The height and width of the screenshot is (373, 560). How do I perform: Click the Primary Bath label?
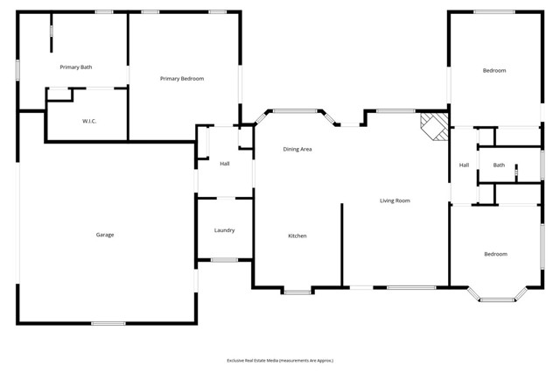tap(76, 67)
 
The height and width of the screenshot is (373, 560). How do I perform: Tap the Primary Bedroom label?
tap(182, 79)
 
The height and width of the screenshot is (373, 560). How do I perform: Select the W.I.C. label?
tap(89, 121)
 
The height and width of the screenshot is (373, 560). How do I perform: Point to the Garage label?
tap(105, 235)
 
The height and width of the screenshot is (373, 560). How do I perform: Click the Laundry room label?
tap(224, 230)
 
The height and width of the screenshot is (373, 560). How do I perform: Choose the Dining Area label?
tap(297, 149)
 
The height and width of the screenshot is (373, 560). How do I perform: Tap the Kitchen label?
tap(297, 236)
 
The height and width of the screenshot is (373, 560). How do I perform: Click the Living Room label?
tap(395, 201)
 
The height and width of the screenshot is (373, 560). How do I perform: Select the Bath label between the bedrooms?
tap(499, 165)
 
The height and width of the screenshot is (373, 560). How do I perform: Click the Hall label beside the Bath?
tap(464, 165)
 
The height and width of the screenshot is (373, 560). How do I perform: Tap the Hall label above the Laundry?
tap(225, 164)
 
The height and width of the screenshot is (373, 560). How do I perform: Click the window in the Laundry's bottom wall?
tap(224, 260)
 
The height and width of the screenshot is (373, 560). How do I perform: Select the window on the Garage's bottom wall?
tap(108, 323)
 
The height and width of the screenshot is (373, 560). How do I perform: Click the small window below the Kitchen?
tap(297, 292)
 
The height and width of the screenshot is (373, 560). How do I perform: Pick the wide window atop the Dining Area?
tap(295, 111)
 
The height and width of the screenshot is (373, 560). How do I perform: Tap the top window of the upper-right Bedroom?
tap(494, 11)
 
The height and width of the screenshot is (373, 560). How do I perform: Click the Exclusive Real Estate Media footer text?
tap(280, 361)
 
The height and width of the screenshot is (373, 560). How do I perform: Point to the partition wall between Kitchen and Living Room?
tap(342, 245)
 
